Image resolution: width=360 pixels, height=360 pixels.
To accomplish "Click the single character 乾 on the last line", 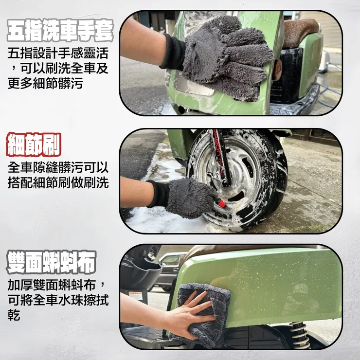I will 14,316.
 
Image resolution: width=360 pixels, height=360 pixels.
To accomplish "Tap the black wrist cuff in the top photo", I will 173,52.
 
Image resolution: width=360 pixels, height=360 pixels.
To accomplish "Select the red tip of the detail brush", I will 221,203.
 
